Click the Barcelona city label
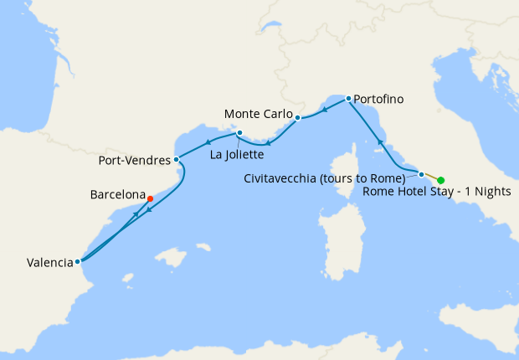[x=117, y=194]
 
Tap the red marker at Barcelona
[x=150, y=199]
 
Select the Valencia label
[x=49, y=262]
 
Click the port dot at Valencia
[x=78, y=261]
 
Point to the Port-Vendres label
[x=135, y=160]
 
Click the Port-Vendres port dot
[x=176, y=159]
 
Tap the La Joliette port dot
[x=239, y=132]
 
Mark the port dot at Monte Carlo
[x=297, y=118]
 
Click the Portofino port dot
[x=348, y=99]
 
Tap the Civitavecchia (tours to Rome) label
[x=326, y=178]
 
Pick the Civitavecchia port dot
[x=421, y=174]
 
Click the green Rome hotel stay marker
[x=440, y=180]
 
